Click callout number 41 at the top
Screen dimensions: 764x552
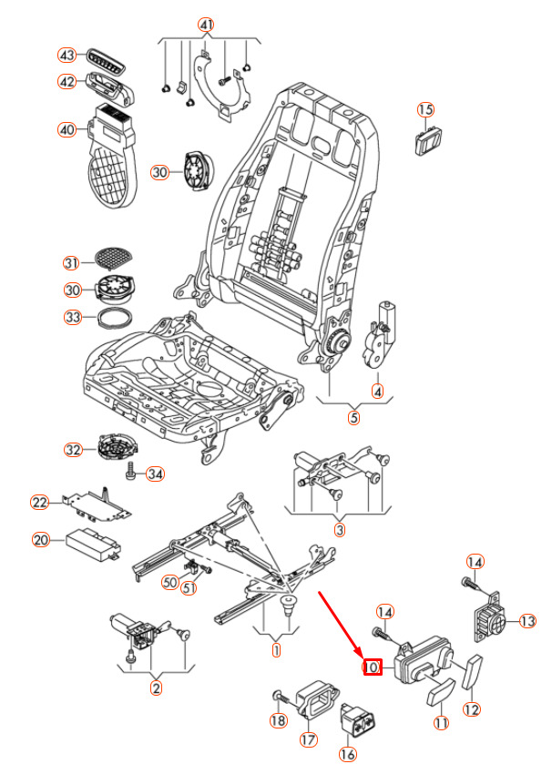(x=207, y=25)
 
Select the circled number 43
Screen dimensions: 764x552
(x=66, y=56)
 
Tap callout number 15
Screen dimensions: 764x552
(x=426, y=110)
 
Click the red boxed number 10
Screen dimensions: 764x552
(x=372, y=667)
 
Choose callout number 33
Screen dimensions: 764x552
(x=73, y=317)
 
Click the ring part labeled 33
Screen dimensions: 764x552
(x=115, y=318)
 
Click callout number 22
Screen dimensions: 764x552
(x=39, y=503)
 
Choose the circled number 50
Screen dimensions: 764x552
(x=169, y=582)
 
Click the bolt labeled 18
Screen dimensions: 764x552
(x=281, y=698)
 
